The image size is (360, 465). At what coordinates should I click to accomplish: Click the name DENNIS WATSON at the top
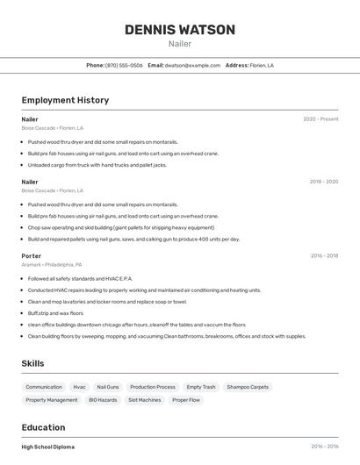(x=180, y=30)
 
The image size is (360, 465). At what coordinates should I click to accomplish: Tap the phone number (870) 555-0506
(x=124, y=65)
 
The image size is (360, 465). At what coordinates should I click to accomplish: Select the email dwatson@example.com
(x=192, y=65)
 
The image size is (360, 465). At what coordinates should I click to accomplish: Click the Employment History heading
(x=65, y=100)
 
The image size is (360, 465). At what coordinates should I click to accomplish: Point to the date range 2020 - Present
(x=320, y=119)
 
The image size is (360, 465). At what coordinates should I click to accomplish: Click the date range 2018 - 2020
(x=323, y=182)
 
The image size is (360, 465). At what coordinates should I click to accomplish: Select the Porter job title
(x=32, y=256)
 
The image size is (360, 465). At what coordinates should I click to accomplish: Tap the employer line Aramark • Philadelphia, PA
(x=52, y=264)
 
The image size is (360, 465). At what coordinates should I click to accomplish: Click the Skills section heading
(x=33, y=363)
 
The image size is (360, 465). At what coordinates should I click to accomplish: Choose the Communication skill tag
(x=44, y=387)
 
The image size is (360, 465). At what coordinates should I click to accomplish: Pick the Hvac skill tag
(x=79, y=387)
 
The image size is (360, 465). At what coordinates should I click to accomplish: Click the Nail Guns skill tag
(x=108, y=387)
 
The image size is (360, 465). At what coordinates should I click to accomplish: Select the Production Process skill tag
(x=153, y=387)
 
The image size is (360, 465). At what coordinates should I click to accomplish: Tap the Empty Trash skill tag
(x=201, y=387)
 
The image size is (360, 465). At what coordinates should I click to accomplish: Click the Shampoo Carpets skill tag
(x=248, y=387)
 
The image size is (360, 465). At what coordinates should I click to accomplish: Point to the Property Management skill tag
(x=52, y=400)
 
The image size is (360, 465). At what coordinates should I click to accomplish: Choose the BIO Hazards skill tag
(x=103, y=400)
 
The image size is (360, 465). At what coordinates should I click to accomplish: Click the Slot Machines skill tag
(x=144, y=400)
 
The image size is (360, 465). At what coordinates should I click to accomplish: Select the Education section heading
(x=43, y=427)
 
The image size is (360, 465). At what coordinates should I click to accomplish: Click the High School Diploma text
(x=48, y=447)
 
